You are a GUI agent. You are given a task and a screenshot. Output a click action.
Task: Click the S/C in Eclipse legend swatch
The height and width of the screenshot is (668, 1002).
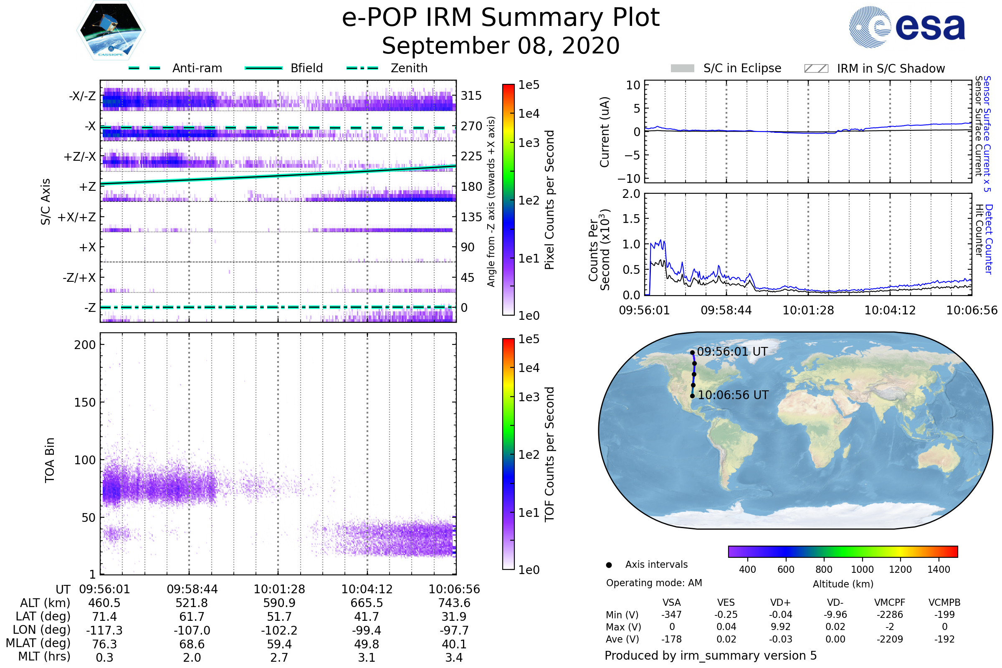tap(683, 68)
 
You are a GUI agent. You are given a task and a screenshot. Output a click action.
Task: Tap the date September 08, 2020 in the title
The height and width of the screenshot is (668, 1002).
tap(501, 46)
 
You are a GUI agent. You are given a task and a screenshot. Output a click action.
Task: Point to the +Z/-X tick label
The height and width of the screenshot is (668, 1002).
tap(80, 157)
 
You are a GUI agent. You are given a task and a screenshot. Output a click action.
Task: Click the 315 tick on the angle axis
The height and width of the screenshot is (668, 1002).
tap(471, 96)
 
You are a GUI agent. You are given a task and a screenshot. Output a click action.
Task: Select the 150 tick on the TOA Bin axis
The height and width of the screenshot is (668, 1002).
tap(85, 402)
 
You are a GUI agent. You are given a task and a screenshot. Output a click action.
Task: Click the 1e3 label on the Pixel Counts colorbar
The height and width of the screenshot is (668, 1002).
tap(529, 143)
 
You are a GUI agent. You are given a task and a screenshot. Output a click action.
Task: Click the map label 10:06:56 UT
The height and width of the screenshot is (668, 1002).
tap(733, 395)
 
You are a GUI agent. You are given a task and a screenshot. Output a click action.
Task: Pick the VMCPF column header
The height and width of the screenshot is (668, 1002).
tap(890, 603)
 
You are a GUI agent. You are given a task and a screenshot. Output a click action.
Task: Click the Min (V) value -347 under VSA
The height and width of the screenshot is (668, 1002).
tap(671, 615)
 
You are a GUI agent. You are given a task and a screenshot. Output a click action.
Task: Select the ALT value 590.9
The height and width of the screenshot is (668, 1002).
tap(279, 603)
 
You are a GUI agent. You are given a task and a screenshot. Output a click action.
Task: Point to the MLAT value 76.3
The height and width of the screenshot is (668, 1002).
tap(104, 644)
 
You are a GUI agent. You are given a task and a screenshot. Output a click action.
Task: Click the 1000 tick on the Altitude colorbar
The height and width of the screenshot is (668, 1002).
tap(862, 569)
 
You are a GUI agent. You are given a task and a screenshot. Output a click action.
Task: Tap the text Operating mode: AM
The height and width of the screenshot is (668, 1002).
tap(654, 583)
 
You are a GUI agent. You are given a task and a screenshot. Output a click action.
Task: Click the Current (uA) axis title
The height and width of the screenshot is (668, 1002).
tap(605, 132)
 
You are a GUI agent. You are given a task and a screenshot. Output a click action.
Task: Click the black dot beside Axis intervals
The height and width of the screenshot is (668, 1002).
tap(609, 565)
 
